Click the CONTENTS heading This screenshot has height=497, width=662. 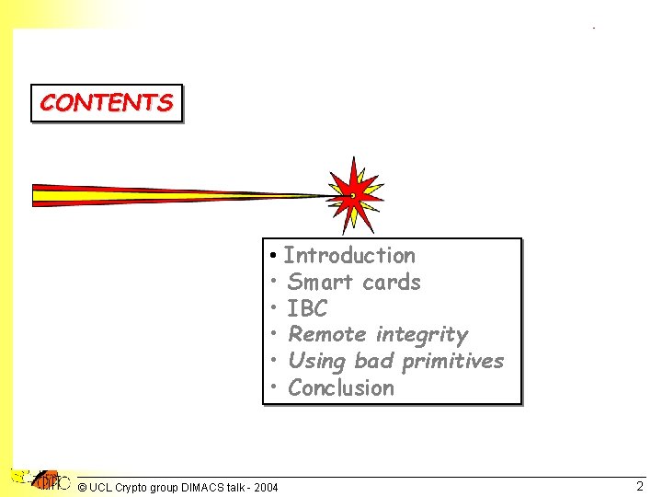pyautogui.click(x=106, y=103)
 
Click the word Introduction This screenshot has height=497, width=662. pyautogui.click(x=349, y=255)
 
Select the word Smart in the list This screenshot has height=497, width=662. pyautogui.click(x=315, y=282)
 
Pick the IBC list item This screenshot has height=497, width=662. pyautogui.click(x=307, y=308)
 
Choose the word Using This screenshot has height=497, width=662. pyautogui.click(x=317, y=361)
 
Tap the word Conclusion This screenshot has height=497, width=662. pyautogui.click(x=340, y=387)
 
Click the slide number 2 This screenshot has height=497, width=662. pyautogui.click(x=640, y=486)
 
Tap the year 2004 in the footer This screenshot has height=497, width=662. pyautogui.click(x=265, y=487)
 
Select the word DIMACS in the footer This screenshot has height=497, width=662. pyautogui.click(x=202, y=487)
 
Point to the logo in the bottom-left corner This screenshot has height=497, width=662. pyautogui.click(x=41, y=480)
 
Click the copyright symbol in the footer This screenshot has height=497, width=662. pyautogui.click(x=83, y=487)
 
